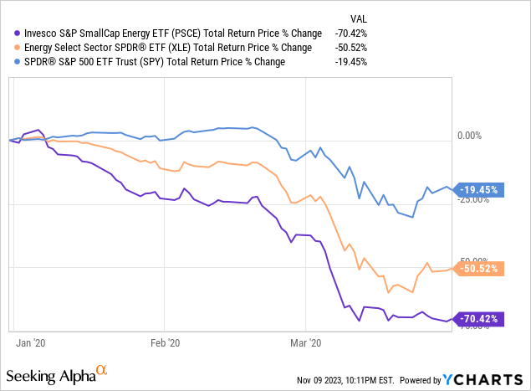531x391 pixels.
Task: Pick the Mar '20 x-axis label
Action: coord(305,342)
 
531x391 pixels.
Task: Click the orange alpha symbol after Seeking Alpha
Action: coord(102,368)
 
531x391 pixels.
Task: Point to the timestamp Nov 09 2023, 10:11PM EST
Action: coord(350,379)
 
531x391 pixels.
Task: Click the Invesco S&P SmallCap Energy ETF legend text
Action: coord(167,33)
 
